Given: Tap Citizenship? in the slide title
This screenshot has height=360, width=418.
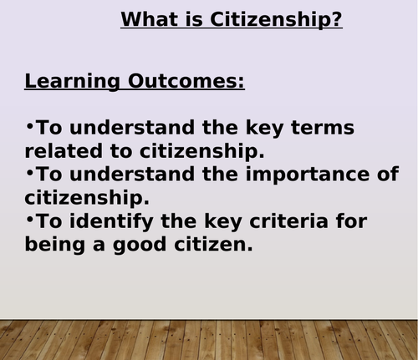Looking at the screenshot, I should point(275,19).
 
